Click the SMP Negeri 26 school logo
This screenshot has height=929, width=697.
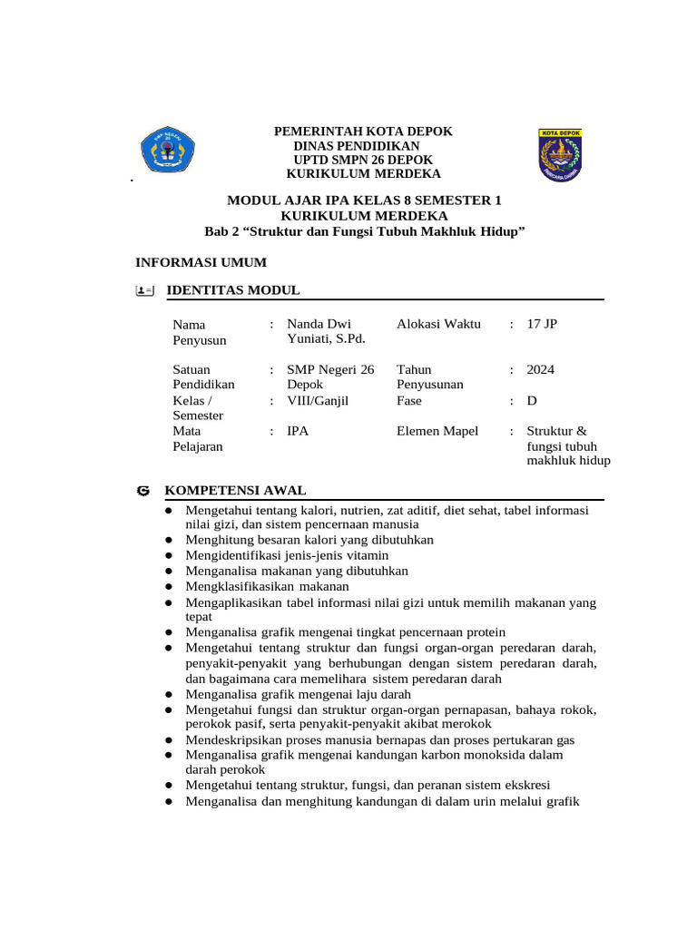(167, 151)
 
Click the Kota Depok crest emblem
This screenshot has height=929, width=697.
(560, 152)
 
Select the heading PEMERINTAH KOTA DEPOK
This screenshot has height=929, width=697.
(363, 132)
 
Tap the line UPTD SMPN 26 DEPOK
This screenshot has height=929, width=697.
(363, 160)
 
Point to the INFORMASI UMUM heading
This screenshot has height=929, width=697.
(201, 262)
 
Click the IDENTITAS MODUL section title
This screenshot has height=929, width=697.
(231, 290)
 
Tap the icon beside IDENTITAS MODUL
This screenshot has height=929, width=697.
(143, 290)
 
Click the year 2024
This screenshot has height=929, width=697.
(541, 369)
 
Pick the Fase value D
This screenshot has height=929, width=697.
(532, 400)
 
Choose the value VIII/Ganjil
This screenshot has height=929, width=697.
(318, 400)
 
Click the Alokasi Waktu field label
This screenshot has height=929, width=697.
(439, 324)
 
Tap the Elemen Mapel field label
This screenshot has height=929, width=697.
(437, 431)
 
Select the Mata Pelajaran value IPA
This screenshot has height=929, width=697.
(298, 431)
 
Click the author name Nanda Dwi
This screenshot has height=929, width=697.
(319, 324)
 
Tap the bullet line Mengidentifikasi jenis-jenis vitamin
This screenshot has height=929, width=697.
(287, 555)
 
